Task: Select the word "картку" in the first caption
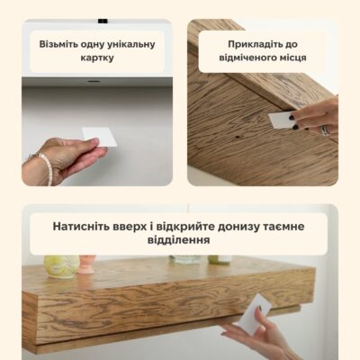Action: pyautogui.click(x=97, y=58)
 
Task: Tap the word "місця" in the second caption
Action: pyautogui.click(x=292, y=58)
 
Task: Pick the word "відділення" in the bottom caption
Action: pyautogui.click(x=178, y=240)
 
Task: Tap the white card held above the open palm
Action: pyautogui.click(x=100, y=137)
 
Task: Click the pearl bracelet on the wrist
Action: pyautogui.click(x=45, y=166)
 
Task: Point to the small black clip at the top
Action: pyautogui.click(x=103, y=21)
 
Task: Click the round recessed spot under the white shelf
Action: pyautogui.click(x=94, y=81)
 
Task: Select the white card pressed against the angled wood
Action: pyautogui.click(x=281, y=120)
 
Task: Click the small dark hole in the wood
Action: pyautogui.click(x=237, y=137)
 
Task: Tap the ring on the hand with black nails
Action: pyautogui.click(x=325, y=130)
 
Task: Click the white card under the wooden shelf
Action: pyautogui.click(x=255, y=314)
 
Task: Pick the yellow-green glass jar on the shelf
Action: pyautogui.click(x=61, y=266)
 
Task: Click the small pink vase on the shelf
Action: pyautogui.click(x=87, y=265)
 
